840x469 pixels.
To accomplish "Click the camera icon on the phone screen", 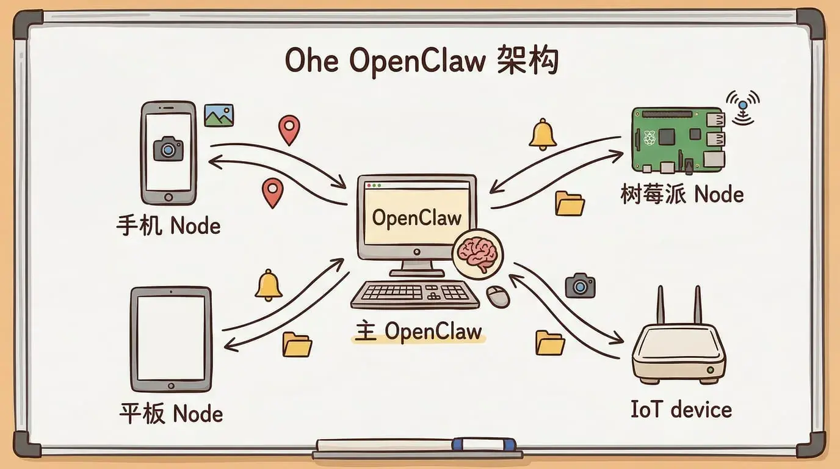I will pyautogui.click(x=168, y=148).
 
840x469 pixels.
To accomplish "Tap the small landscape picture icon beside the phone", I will pyautogui.click(x=219, y=115).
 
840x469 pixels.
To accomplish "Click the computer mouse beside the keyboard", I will pyautogui.click(x=498, y=296).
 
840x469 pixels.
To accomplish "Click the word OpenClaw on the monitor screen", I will pyautogui.click(x=416, y=217).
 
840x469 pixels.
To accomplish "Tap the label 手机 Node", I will pyautogui.click(x=168, y=227).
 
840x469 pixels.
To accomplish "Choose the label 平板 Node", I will pyautogui.click(x=170, y=413).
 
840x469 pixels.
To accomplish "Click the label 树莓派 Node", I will pyautogui.click(x=682, y=195).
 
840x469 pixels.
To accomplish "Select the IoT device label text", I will pyautogui.click(x=681, y=409).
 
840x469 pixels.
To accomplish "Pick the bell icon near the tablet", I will pyautogui.click(x=268, y=285).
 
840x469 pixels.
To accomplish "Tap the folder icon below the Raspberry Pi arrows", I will pyautogui.click(x=570, y=203).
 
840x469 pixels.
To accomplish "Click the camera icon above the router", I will pyautogui.click(x=579, y=285).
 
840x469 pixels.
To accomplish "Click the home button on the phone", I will pyautogui.click(x=168, y=197).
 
